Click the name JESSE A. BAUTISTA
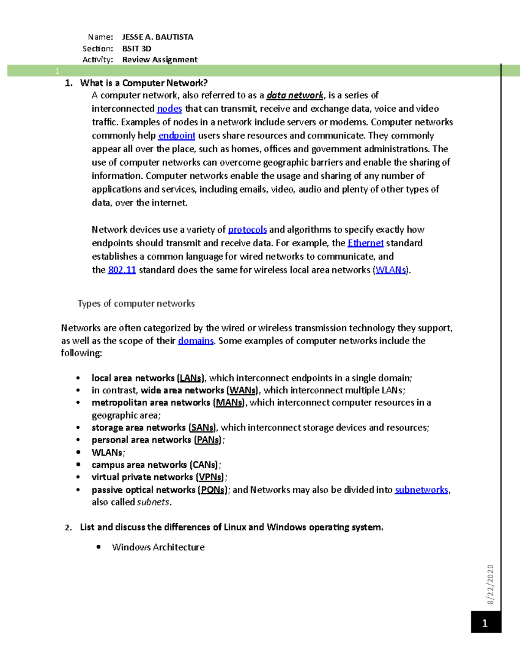coord(158,37)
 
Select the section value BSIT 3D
coord(136,48)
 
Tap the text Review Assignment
coord(159,60)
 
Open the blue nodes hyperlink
coord(169,109)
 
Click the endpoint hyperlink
coord(177,135)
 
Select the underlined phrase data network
coord(295,95)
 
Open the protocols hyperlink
coord(247,230)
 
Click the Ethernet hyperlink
coord(365,243)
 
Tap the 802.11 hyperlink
coord(122,270)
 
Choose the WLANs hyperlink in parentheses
coord(390,270)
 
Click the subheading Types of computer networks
coord(136,304)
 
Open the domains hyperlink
coord(196,341)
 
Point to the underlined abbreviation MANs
coord(229,403)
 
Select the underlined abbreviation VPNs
coord(211,477)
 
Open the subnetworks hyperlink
coord(421,490)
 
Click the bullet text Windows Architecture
coord(158,547)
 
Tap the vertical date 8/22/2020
coord(490,584)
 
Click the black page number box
coord(486,623)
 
